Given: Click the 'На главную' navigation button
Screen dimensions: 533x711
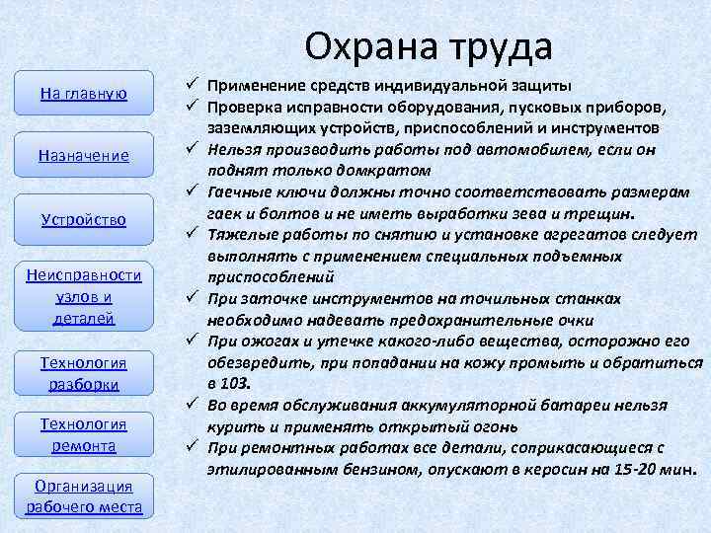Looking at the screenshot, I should [x=83, y=93].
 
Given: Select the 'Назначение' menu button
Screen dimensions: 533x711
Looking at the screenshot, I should [x=83, y=155].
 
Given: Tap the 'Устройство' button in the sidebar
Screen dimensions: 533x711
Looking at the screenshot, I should [x=83, y=218].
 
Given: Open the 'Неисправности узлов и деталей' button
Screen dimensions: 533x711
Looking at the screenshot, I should [x=83, y=296].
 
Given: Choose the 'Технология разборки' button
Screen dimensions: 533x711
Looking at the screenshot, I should [x=83, y=373].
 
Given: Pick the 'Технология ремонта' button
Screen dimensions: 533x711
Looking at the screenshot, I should [x=83, y=434].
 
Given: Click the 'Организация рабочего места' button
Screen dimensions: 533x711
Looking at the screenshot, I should [x=83, y=496].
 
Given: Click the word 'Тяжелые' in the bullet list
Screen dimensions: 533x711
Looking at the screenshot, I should [x=240, y=235].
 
